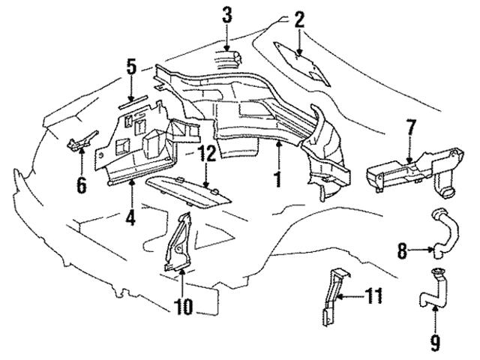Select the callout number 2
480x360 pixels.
click(299, 20)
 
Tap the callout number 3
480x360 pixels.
click(227, 13)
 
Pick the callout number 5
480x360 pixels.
click(131, 67)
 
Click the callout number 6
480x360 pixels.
click(81, 182)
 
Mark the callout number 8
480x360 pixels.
click(403, 252)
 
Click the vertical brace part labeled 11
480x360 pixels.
click(333, 294)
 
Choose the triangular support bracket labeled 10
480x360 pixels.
click(178, 240)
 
